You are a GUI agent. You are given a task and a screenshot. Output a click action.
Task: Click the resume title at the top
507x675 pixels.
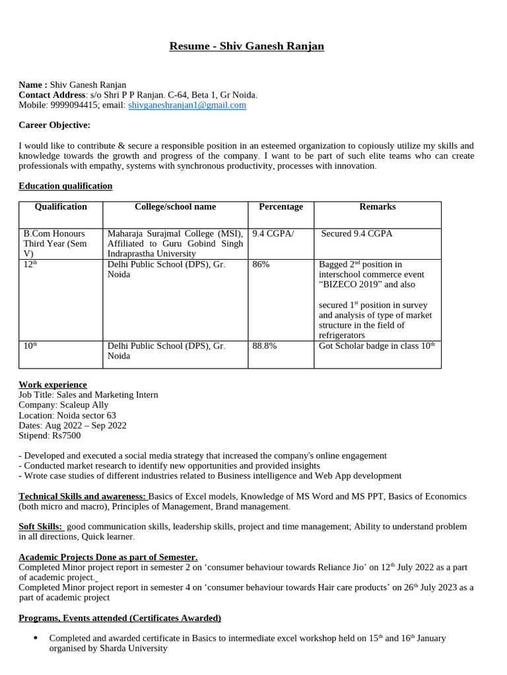tap(247, 46)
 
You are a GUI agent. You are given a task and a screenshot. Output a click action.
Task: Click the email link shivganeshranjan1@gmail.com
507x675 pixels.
tap(187, 105)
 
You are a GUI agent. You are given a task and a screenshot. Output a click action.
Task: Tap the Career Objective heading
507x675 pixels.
tap(54, 125)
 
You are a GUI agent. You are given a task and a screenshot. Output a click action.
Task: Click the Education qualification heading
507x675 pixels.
tap(65, 186)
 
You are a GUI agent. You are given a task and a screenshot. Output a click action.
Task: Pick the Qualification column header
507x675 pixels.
tap(61, 207)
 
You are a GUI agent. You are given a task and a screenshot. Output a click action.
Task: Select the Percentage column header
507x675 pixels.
tap(281, 207)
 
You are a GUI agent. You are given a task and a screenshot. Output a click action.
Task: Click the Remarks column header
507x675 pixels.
tap(378, 207)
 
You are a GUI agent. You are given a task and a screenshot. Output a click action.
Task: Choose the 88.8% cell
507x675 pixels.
tap(265, 345)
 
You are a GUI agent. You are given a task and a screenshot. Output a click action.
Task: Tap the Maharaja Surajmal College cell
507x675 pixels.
tap(175, 243)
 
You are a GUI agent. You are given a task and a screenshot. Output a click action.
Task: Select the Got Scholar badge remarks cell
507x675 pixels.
tap(376, 345)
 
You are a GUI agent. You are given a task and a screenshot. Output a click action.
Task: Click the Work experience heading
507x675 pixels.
tap(53, 384)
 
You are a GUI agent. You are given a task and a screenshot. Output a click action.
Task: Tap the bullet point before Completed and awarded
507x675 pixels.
tap(34, 638)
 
